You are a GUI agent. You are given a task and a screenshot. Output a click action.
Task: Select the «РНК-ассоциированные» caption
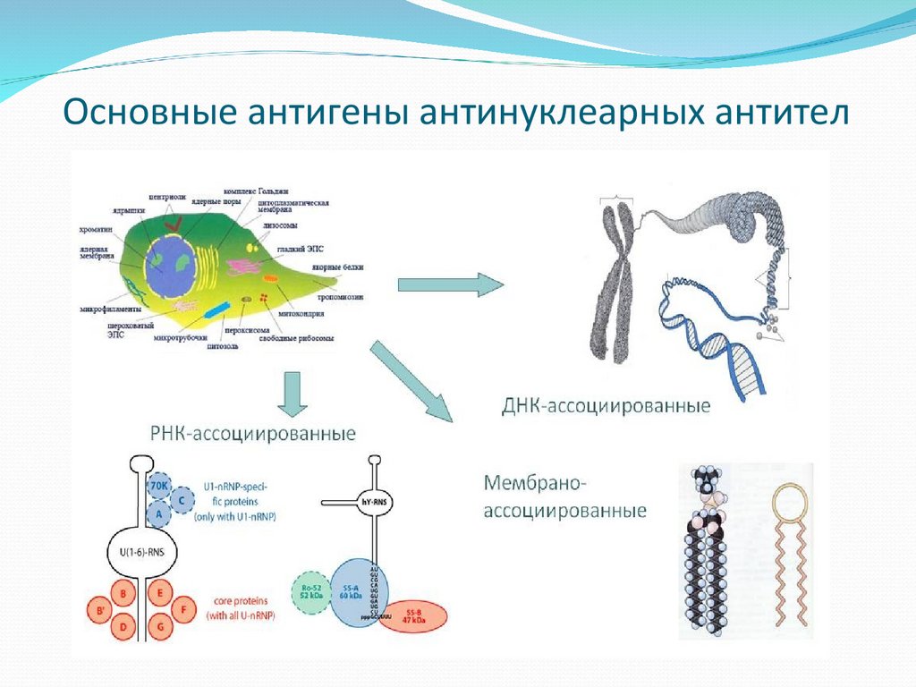252,434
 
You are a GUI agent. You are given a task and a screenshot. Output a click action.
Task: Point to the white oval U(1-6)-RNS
140,552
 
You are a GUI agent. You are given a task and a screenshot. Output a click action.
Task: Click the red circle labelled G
161,627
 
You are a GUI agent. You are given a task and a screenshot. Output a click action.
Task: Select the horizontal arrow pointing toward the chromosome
450,284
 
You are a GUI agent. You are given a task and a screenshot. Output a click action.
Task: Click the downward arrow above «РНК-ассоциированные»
292,394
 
